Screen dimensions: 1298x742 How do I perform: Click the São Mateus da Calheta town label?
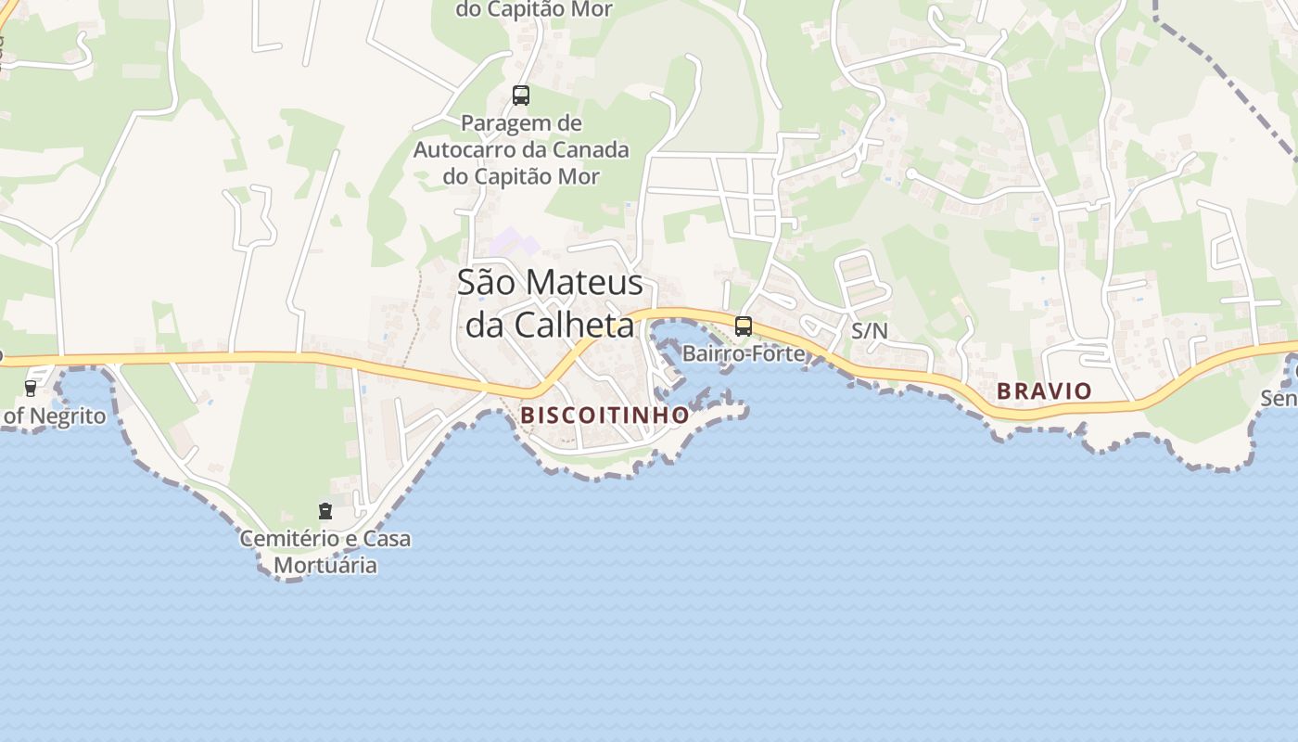(x=550, y=303)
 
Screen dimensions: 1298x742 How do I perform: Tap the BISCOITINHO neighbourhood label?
(x=604, y=415)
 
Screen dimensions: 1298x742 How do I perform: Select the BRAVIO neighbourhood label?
(x=1044, y=391)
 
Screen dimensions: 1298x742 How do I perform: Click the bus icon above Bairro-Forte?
(x=743, y=326)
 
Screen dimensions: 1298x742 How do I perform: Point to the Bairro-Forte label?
(x=744, y=353)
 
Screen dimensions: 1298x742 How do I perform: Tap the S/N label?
(x=869, y=330)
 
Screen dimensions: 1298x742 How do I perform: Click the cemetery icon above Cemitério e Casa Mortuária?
(x=325, y=511)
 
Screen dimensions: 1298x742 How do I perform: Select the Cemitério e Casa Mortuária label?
(x=325, y=551)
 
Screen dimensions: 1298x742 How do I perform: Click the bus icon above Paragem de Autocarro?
(x=520, y=95)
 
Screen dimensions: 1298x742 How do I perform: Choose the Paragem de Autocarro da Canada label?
(x=521, y=149)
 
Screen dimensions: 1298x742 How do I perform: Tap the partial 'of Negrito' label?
(x=54, y=416)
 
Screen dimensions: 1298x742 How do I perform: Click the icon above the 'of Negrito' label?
(x=31, y=388)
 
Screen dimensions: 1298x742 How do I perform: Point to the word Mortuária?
(x=325, y=565)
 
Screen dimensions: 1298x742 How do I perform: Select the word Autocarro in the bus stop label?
(x=481, y=149)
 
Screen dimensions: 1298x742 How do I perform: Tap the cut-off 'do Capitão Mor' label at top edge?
(x=521, y=9)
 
